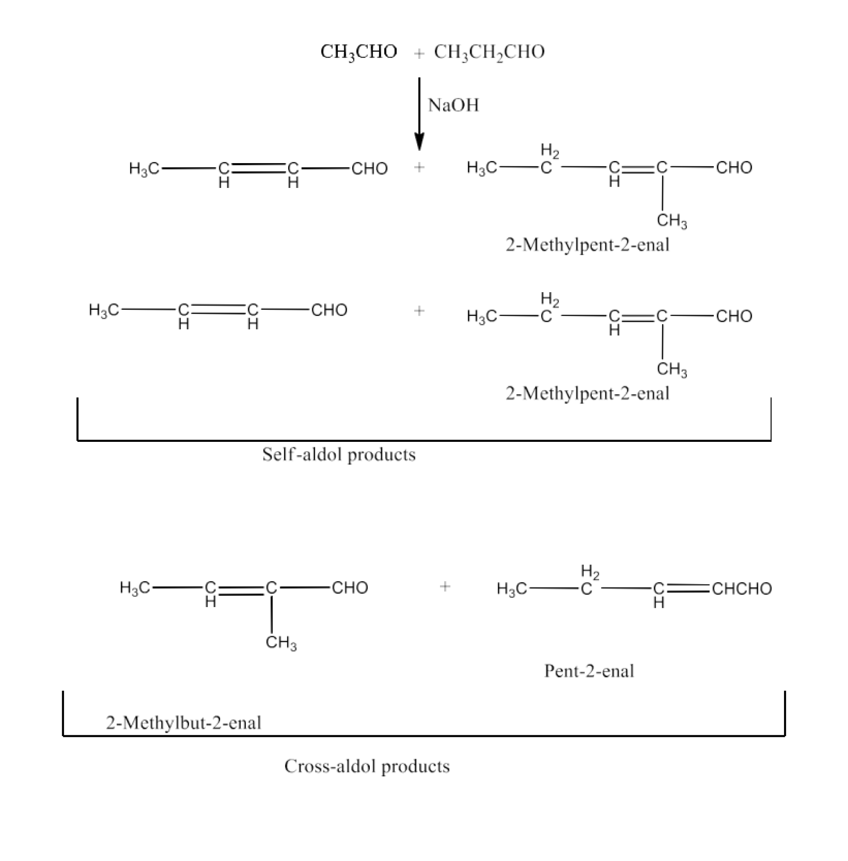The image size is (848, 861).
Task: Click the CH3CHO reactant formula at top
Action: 358,52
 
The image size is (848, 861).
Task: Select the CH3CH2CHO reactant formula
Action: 489,52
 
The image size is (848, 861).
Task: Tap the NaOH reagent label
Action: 453,106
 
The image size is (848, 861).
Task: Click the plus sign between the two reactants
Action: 419,54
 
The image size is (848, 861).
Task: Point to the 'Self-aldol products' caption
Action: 339,454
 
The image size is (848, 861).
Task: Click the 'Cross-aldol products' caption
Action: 367,766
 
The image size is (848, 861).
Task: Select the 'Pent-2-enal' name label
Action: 589,671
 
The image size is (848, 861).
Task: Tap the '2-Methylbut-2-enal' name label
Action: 183,723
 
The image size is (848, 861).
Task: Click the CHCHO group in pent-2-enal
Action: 742,589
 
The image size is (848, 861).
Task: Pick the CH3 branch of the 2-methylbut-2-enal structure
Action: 281,643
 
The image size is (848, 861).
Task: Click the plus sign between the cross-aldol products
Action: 445,586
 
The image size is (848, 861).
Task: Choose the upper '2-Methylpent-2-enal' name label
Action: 587,245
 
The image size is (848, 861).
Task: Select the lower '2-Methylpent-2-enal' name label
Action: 587,394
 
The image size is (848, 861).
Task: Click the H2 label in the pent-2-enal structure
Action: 590,571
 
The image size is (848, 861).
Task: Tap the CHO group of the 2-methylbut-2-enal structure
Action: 350,588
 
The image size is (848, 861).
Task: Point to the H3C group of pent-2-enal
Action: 512,589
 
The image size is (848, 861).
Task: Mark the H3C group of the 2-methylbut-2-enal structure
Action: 135,588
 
